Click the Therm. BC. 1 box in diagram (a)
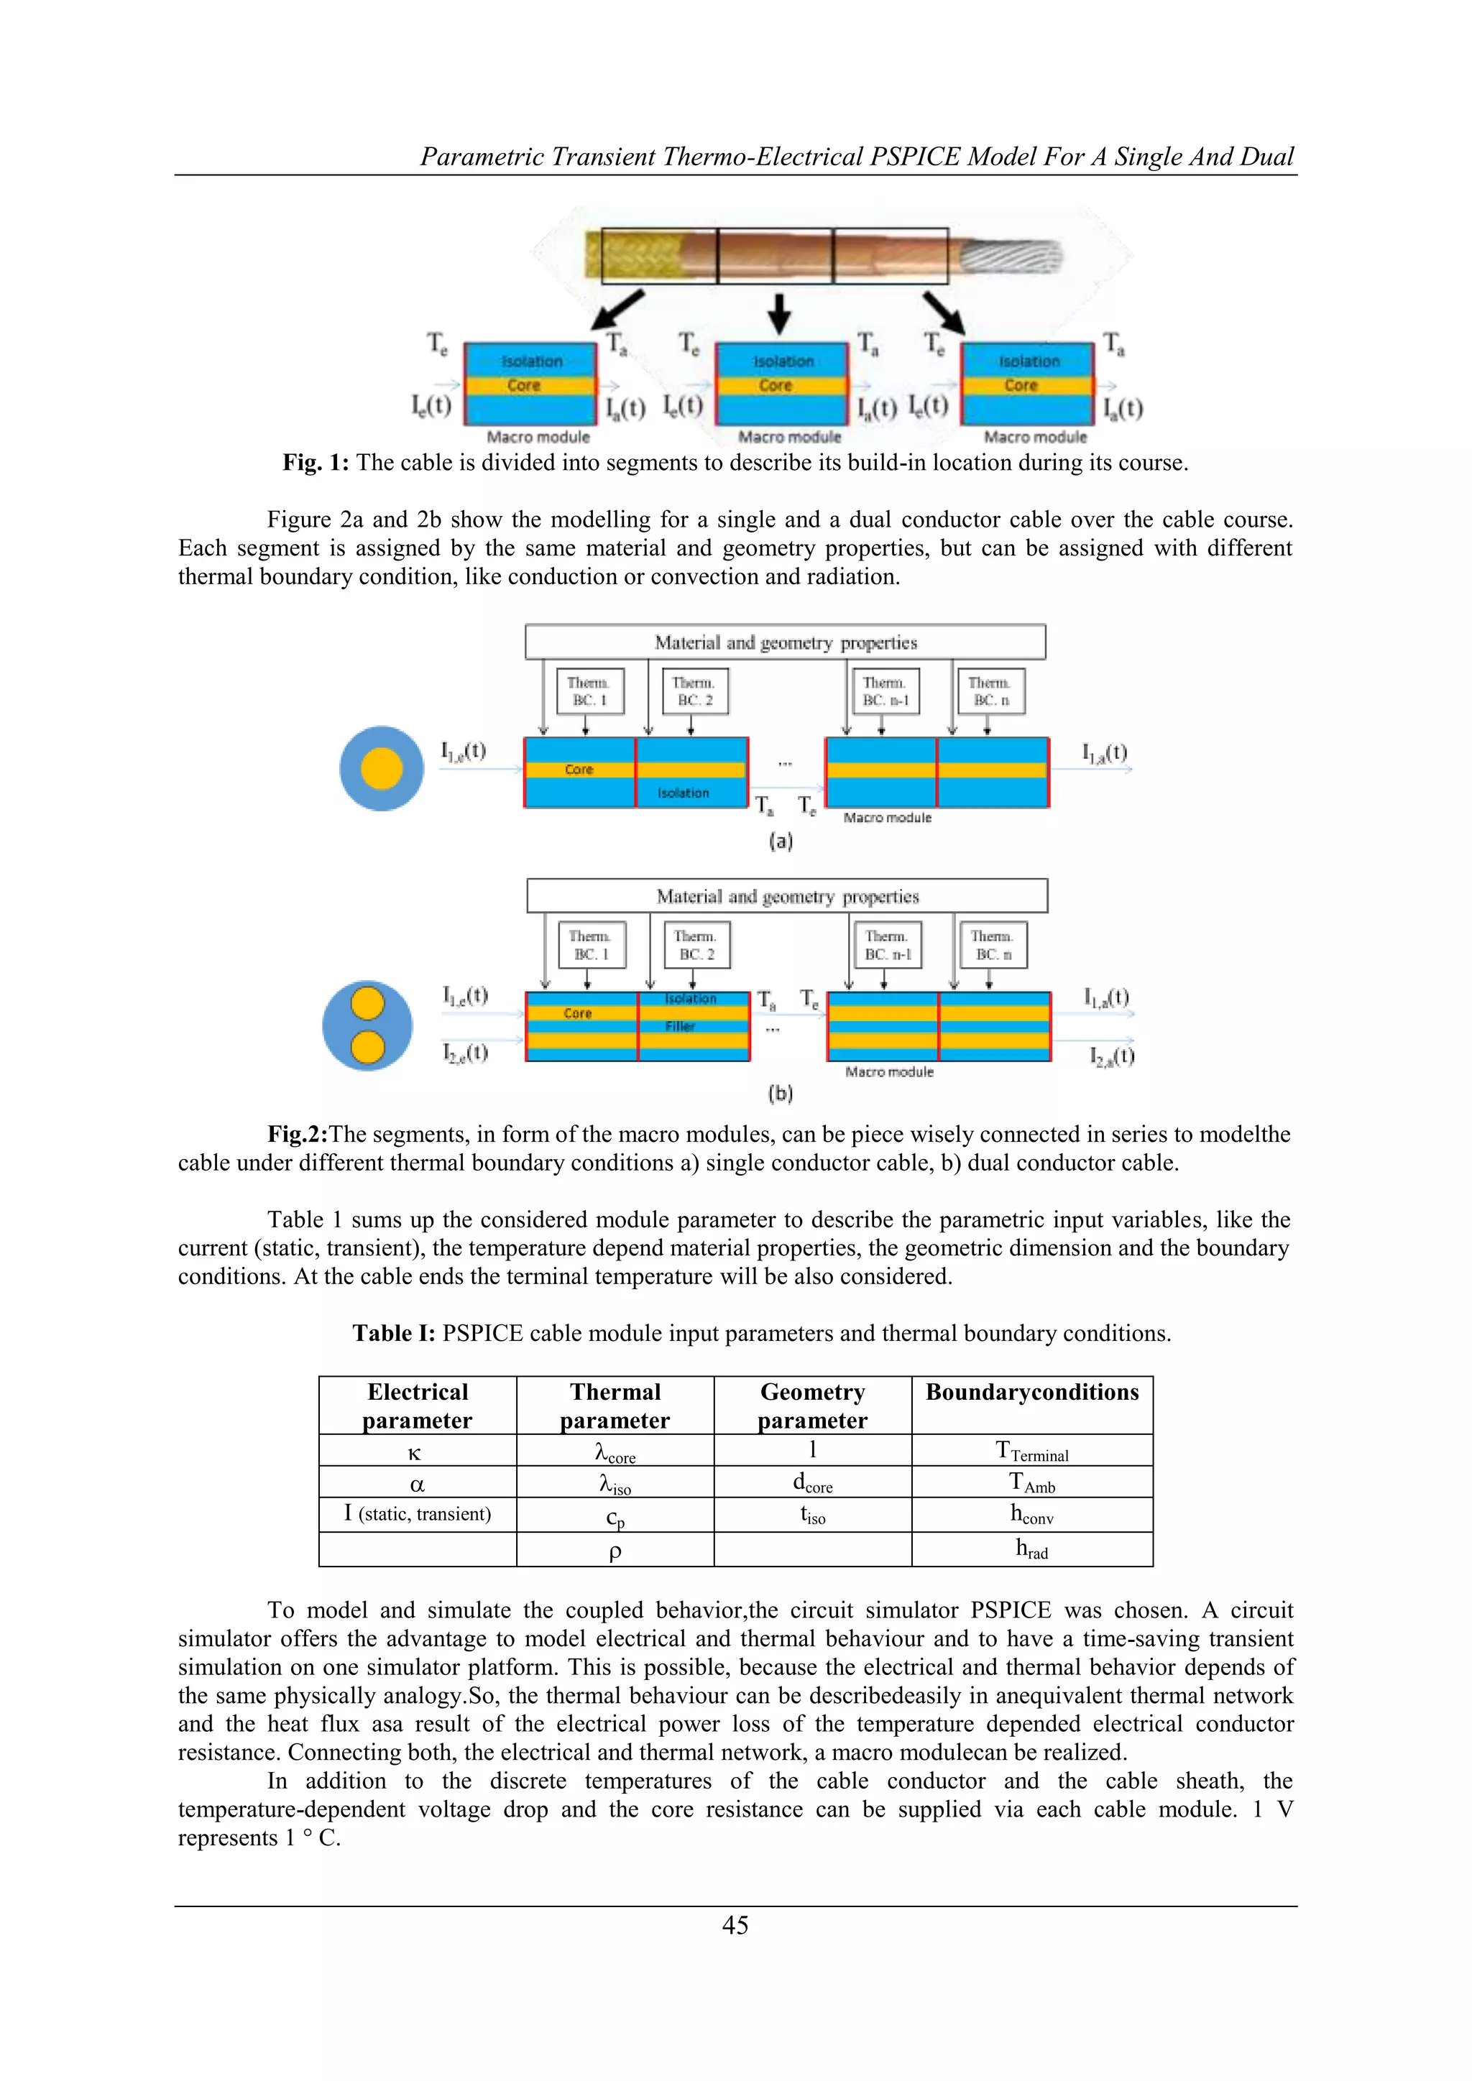click(x=590, y=691)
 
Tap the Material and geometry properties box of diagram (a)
click(x=785, y=642)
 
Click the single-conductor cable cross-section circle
click(x=382, y=769)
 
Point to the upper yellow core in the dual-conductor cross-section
click(x=367, y=1005)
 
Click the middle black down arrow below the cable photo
click(x=778, y=313)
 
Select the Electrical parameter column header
click(x=418, y=1406)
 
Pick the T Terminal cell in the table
click(x=1031, y=1451)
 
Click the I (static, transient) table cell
click(x=418, y=1513)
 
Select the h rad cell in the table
click(x=1031, y=1549)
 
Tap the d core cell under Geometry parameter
click(x=812, y=1483)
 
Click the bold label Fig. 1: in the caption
click(x=316, y=463)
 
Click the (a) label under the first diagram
click(x=781, y=841)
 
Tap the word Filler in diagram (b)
click(x=680, y=1026)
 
